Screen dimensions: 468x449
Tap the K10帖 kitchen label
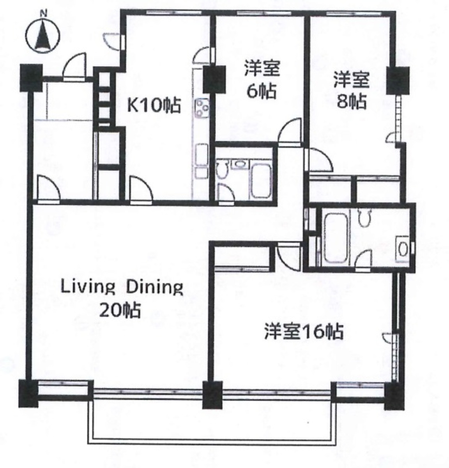coord(154,105)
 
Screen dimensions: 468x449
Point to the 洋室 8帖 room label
coord(351,92)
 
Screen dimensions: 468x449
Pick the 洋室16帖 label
coord(304,332)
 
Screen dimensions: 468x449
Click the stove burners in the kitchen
coord(202,106)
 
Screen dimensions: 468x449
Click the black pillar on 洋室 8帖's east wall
coord(398,80)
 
